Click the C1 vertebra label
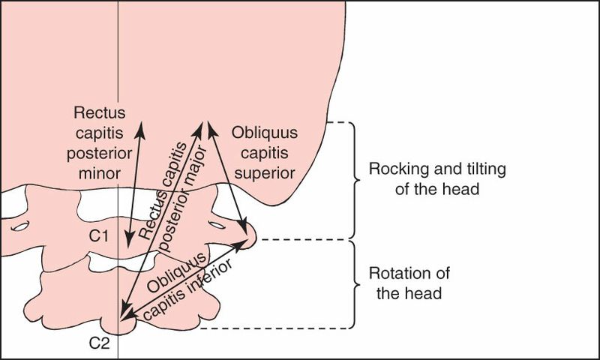(x=99, y=235)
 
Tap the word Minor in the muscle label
(x=99, y=172)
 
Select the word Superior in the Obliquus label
(x=265, y=172)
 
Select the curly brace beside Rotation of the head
(x=350, y=283)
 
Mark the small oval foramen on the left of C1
(x=20, y=225)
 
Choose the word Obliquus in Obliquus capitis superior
(x=265, y=133)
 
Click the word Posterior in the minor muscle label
(x=99, y=153)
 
